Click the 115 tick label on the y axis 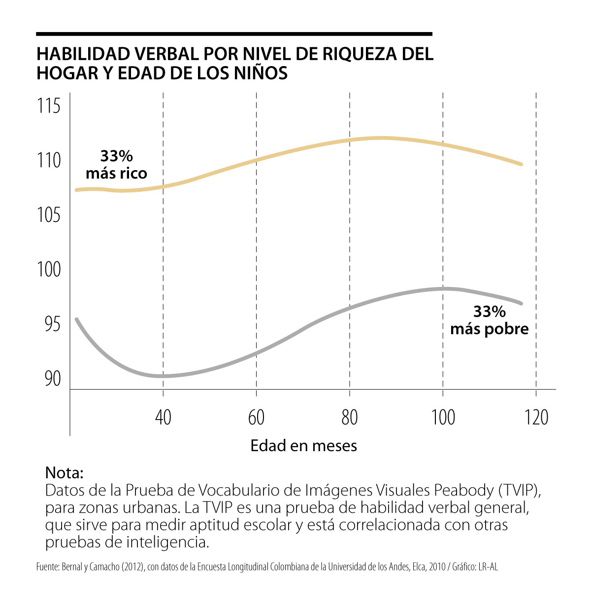(x=49, y=106)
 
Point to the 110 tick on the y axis (x=49, y=160)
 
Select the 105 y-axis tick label (x=49, y=215)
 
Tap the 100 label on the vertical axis (x=49, y=270)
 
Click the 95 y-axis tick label (x=52, y=324)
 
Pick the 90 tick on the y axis (x=52, y=379)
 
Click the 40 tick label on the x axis (x=163, y=418)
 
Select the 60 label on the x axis (x=256, y=418)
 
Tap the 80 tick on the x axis (x=349, y=418)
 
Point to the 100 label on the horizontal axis (x=443, y=418)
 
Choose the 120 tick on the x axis (x=536, y=418)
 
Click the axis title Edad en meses (x=303, y=446)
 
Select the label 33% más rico (x=117, y=165)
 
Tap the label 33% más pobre (x=489, y=320)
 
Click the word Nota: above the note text (x=64, y=472)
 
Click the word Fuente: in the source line (x=48, y=567)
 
